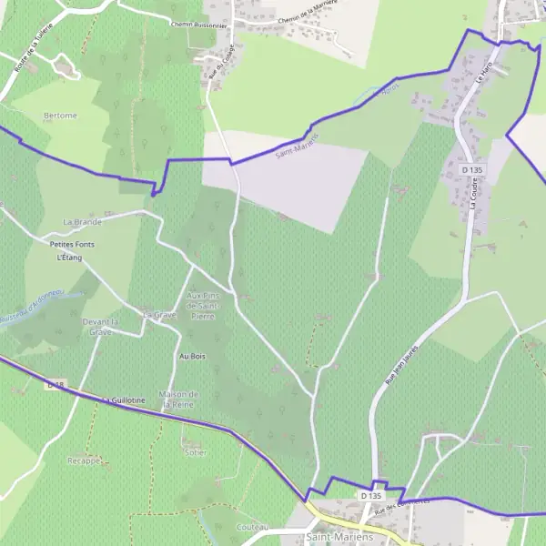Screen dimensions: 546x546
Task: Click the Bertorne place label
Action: pos(61,116)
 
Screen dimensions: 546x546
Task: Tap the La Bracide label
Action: pos(82,221)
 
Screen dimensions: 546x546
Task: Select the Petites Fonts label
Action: pos(72,245)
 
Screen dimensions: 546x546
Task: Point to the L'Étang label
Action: pos(69,258)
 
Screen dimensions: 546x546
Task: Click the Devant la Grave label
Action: pos(102,327)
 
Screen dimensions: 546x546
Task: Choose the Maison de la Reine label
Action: pos(178,398)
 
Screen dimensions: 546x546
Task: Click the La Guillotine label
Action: pos(124,400)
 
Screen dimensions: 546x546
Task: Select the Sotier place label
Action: pos(195,452)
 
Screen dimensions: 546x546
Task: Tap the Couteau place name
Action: pos(251,527)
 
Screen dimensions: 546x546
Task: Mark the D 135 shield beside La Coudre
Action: pos(471,169)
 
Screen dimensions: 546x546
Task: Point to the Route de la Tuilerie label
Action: pos(30,52)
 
